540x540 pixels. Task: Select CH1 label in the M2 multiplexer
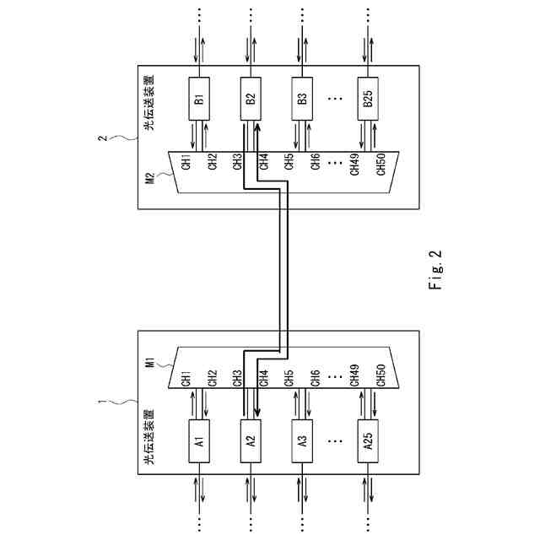pos(186,161)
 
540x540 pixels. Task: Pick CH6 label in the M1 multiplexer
pos(315,376)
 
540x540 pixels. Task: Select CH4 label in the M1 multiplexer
pos(263,376)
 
